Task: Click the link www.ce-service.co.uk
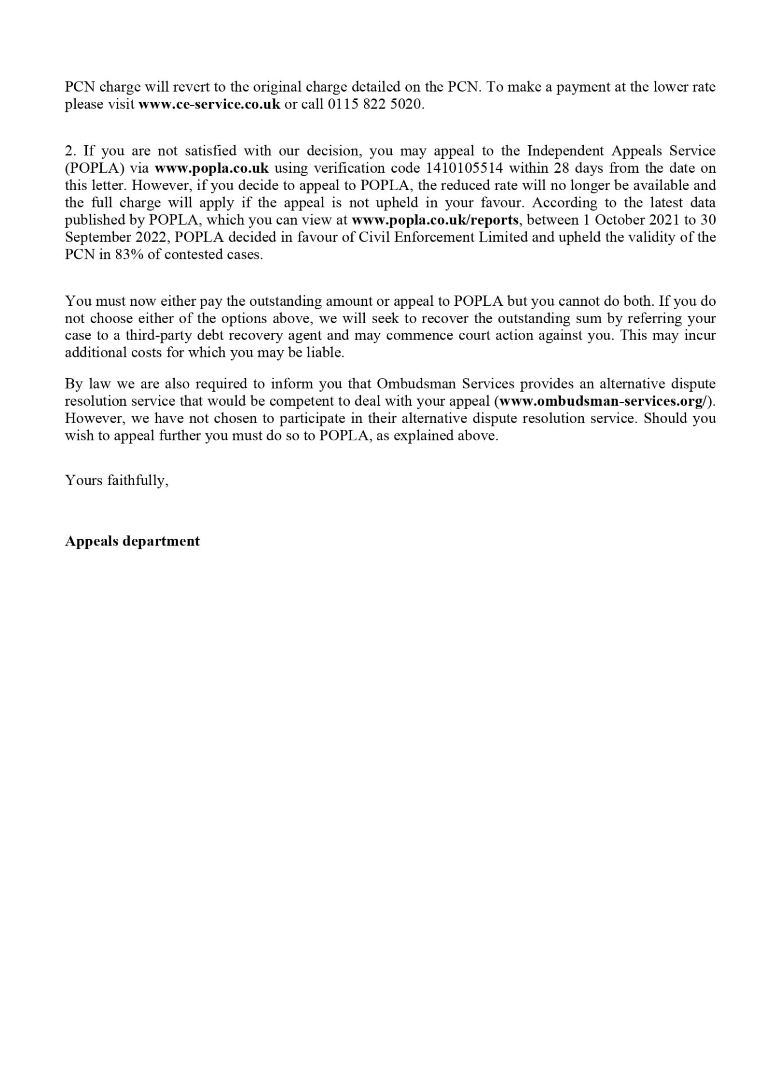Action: (209, 104)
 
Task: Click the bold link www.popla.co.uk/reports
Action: (435, 220)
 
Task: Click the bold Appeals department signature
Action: (132, 541)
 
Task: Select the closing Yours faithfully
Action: (117, 480)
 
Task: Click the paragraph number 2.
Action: (70, 151)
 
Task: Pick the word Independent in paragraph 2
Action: (565, 151)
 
